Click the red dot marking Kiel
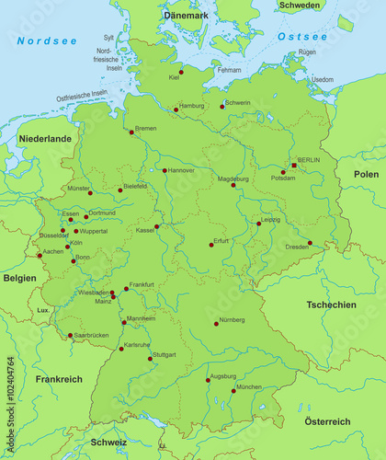pos(181,71)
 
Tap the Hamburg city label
pos(192,106)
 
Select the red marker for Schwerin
pos(221,107)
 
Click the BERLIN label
pos(309,159)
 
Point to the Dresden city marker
pos(310,243)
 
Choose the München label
pos(249,387)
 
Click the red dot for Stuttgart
pos(151,358)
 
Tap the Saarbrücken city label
pos(91,335)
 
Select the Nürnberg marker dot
pos(217,324)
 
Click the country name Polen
pos(366,174)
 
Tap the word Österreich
pos(327,421)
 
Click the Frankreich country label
pos(59,379)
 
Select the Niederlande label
pos(44,138)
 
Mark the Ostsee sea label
pos(302,37)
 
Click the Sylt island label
pos(108,38)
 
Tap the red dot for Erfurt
pos(210,245)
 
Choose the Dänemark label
pos(187,17)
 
